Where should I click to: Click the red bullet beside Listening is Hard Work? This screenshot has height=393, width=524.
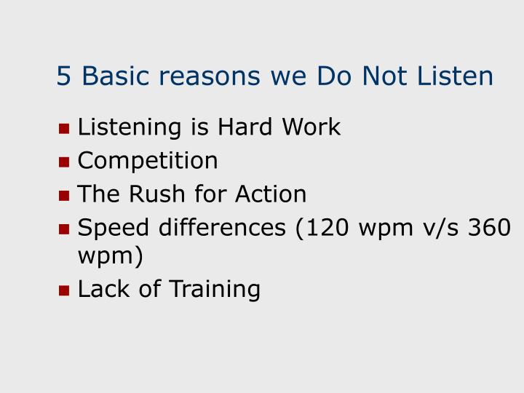(64, 129)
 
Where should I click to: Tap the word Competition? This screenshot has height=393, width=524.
(148, 161)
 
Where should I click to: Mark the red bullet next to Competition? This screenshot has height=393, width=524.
(64, 162)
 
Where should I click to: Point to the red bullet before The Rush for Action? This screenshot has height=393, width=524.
(64, 196)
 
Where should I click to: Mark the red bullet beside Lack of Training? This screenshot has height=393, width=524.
(64, 290)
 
